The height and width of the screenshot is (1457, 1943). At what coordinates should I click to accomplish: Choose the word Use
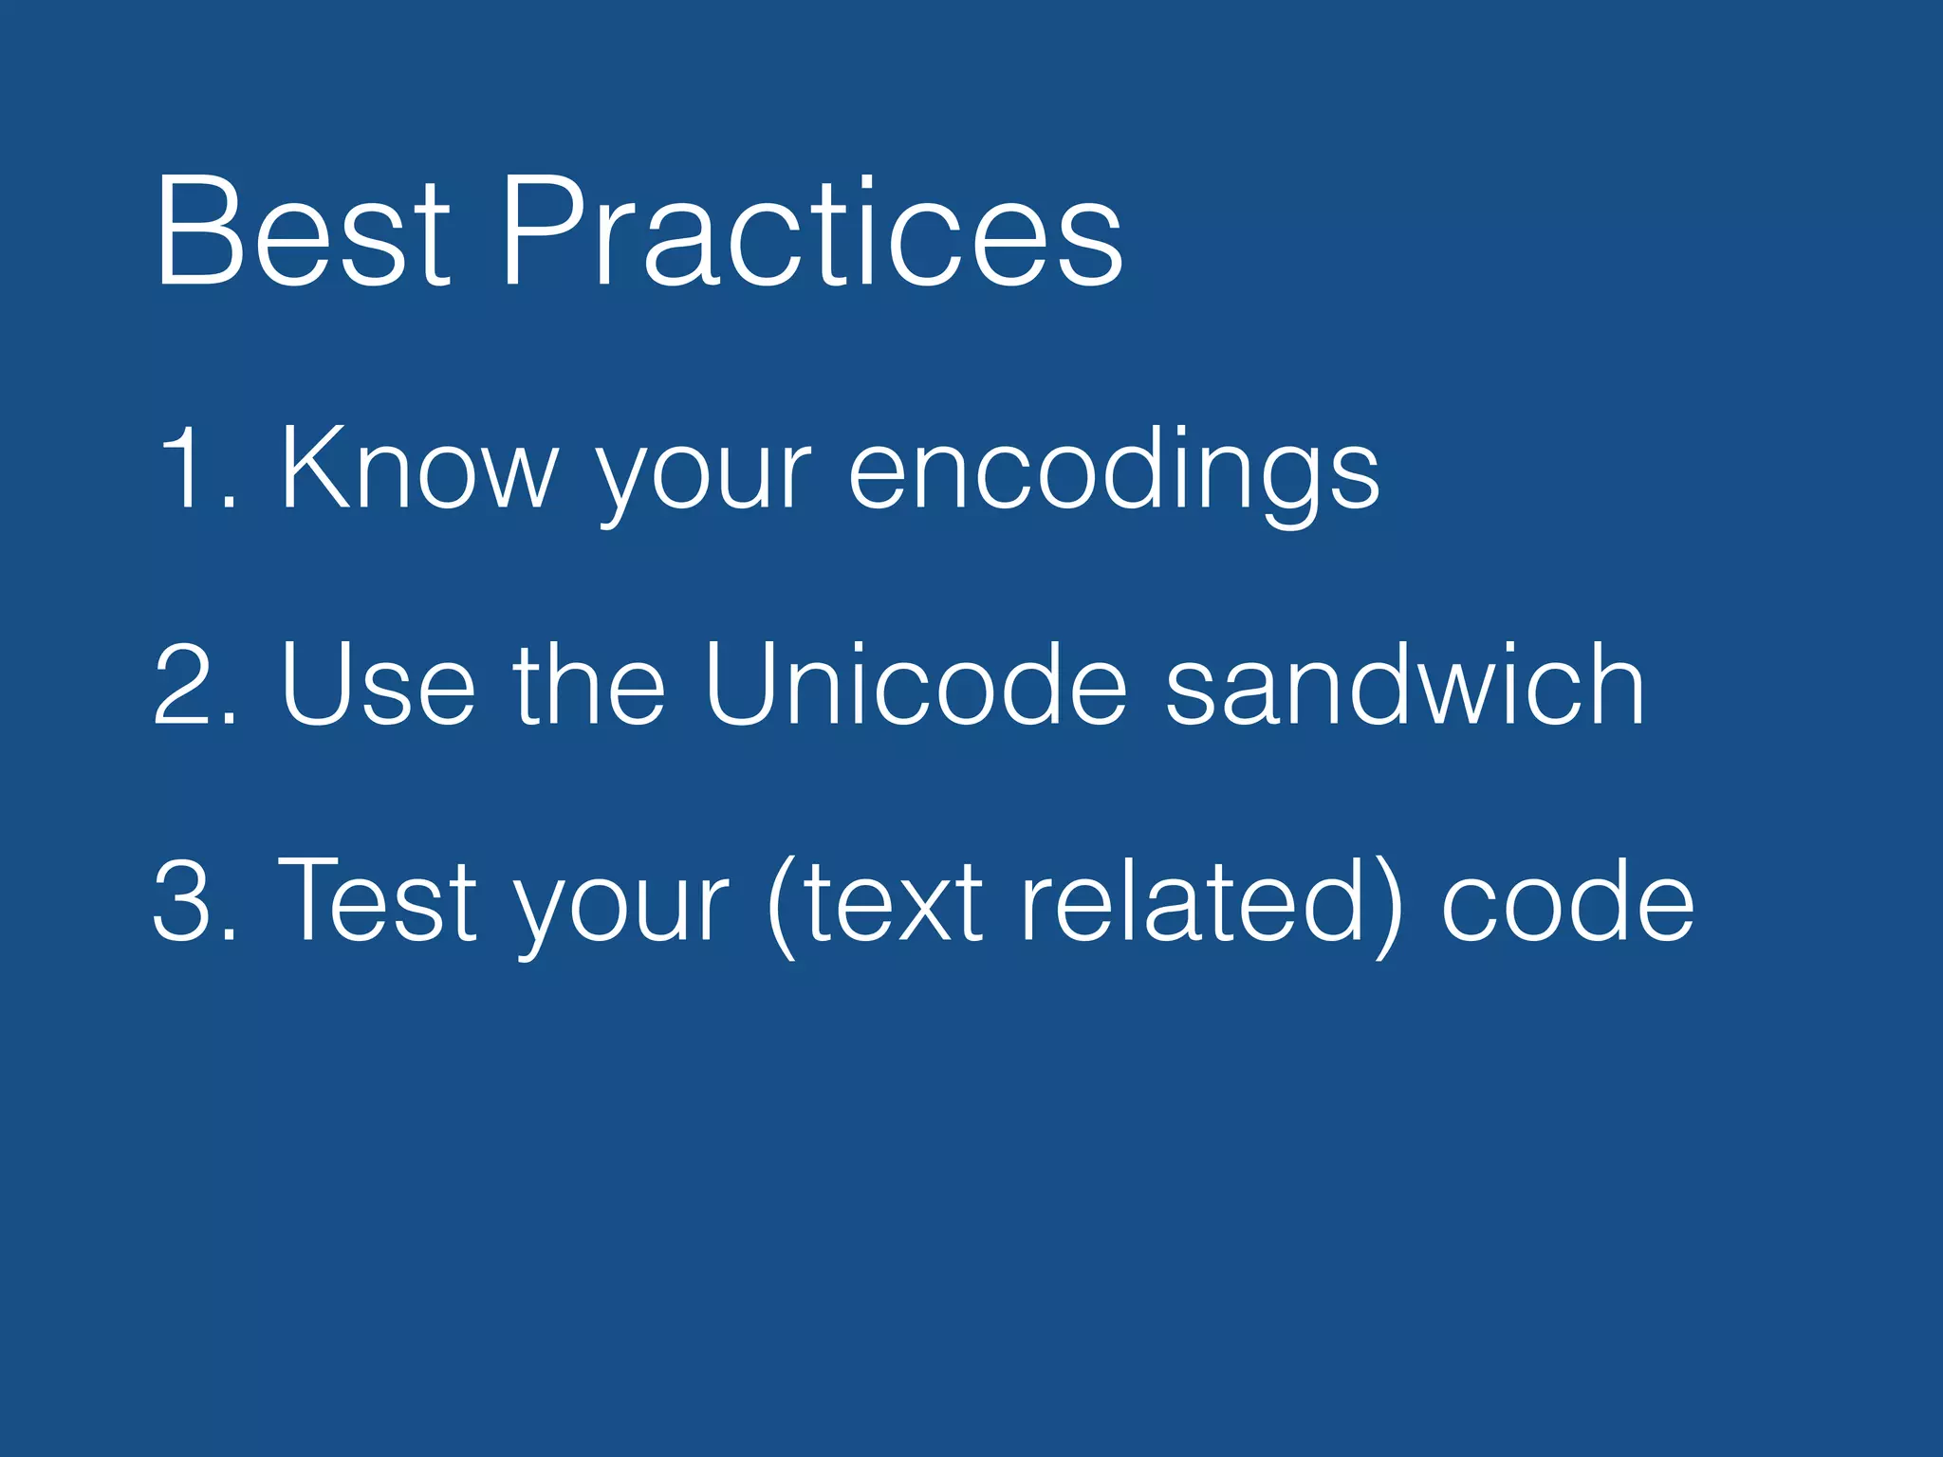pyautogui.click(x=378, y=683)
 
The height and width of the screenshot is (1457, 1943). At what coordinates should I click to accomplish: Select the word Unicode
pyautogui.click(x=916, y=683)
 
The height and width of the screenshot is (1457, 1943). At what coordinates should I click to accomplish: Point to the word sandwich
pyautogui.click(x=1404, y=683)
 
